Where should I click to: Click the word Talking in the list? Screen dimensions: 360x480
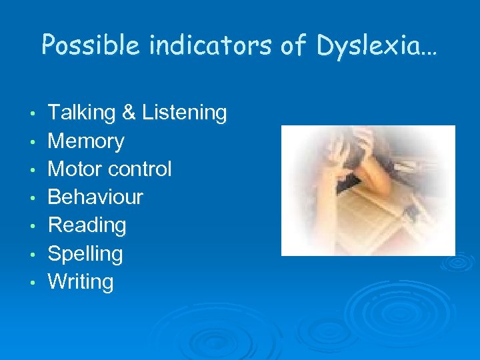pos(82,113)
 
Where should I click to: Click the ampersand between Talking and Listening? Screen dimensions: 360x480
pos(129,113)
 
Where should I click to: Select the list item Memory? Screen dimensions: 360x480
pos(86,141)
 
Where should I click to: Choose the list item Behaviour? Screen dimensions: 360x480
pos(95,197)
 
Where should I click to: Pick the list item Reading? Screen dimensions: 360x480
pos(87,225)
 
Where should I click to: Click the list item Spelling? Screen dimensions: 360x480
pos(85,254)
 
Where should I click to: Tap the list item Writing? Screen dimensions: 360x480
pos(81,282)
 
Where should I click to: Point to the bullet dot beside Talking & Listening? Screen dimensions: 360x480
pos(33,114)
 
